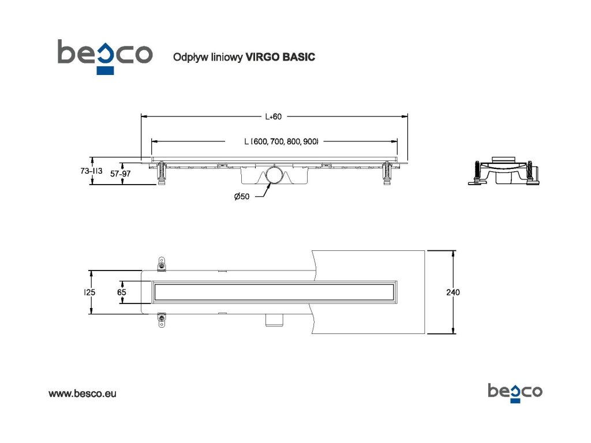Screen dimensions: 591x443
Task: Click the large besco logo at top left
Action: point(104,55)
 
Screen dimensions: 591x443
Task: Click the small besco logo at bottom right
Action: point(515,392)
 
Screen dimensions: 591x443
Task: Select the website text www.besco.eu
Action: point(82,393)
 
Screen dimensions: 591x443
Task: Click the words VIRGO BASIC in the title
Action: point(280,57)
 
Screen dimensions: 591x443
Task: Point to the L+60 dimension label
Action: point(273,117)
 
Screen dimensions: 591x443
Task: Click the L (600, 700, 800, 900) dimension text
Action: point(281,141)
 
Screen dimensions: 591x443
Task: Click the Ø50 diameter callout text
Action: point(242,197)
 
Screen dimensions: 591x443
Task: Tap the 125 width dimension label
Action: point(89,292)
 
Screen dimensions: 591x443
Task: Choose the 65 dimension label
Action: point(121,292)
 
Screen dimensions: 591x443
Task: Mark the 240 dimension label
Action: point(453,292)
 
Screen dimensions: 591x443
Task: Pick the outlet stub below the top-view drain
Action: point(273,319)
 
